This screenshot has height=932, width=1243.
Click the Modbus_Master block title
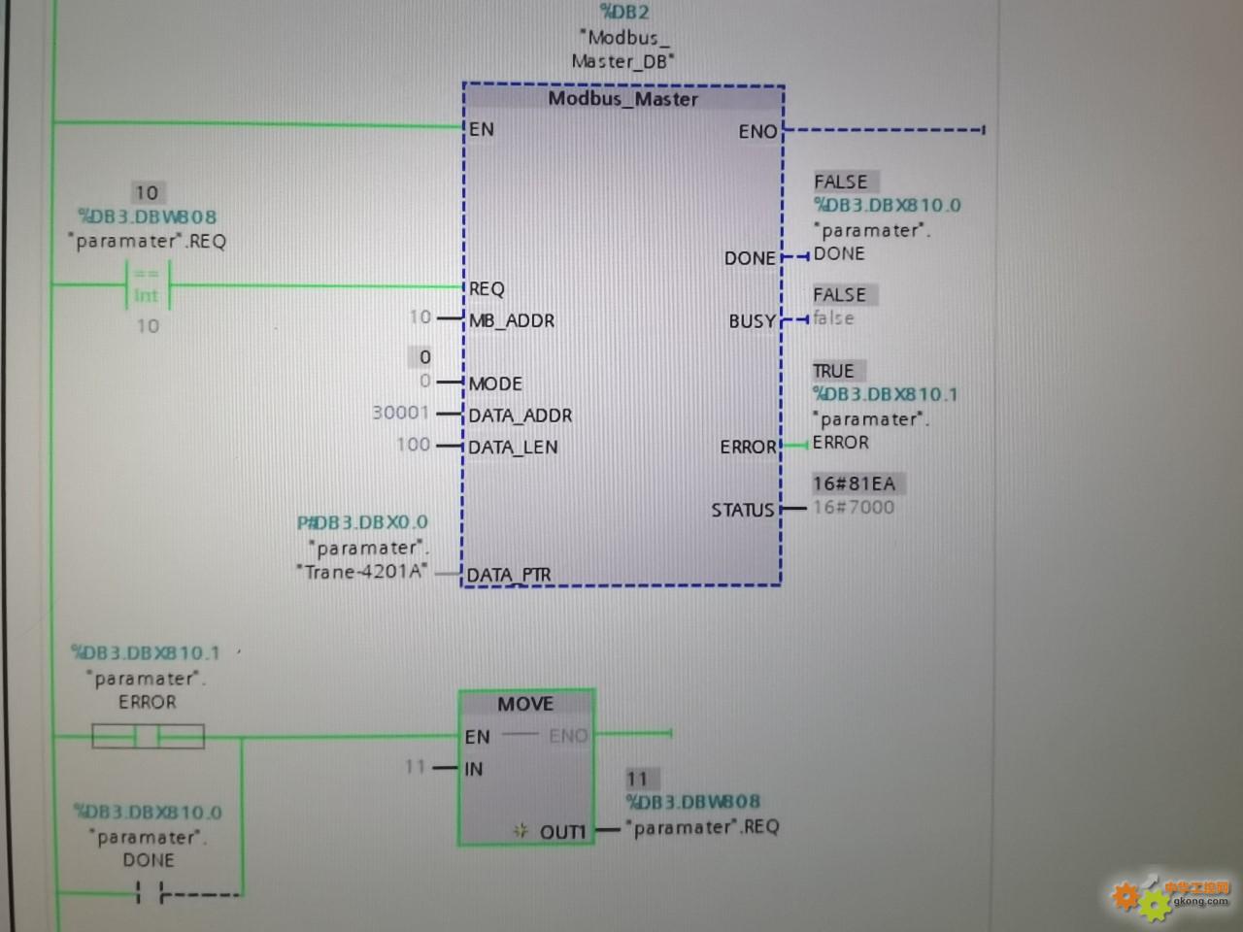pyautogui.click(x=622, y=99)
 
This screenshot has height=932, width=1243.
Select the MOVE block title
pyautogui.click(x=525, y=704)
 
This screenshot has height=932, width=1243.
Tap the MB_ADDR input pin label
pyautogui.click(x=512, y=320)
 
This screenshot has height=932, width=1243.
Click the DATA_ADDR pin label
pyautogui.click(x=521, y=416)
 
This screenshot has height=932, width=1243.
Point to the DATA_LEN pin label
pyautogui.click(x=513, y=448)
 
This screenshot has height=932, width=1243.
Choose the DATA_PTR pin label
pyautogui.click(x=509, y=575)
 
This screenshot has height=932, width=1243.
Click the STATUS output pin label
pyautogui.click(x=743, y=510)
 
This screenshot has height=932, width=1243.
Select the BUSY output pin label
pyautogui.click(x=753, y=321)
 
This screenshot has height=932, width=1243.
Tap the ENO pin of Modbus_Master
pyautogui.click(x=757, y=131)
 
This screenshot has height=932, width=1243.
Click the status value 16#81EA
pyautogui.click(x=854, y=483)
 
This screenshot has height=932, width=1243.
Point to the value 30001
pyautogui.click(x=400, y=413)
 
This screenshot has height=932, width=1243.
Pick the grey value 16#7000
pyautogui.click(x=854, y=507)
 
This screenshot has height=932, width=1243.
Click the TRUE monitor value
pyautogui.click(x=833, y=371)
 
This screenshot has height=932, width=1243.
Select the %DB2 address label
pyautogui.click(x=624, y=13)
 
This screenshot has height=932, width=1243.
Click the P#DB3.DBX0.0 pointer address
pyautogui.click(x=362, y=522)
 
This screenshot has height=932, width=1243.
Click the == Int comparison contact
pyautogui.click(x=147, y=285)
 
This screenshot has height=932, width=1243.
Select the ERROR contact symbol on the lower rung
pyautogui.click(x=148, y=737)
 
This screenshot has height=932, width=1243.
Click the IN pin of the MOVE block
pyautogui.click(x=474, y=769)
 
